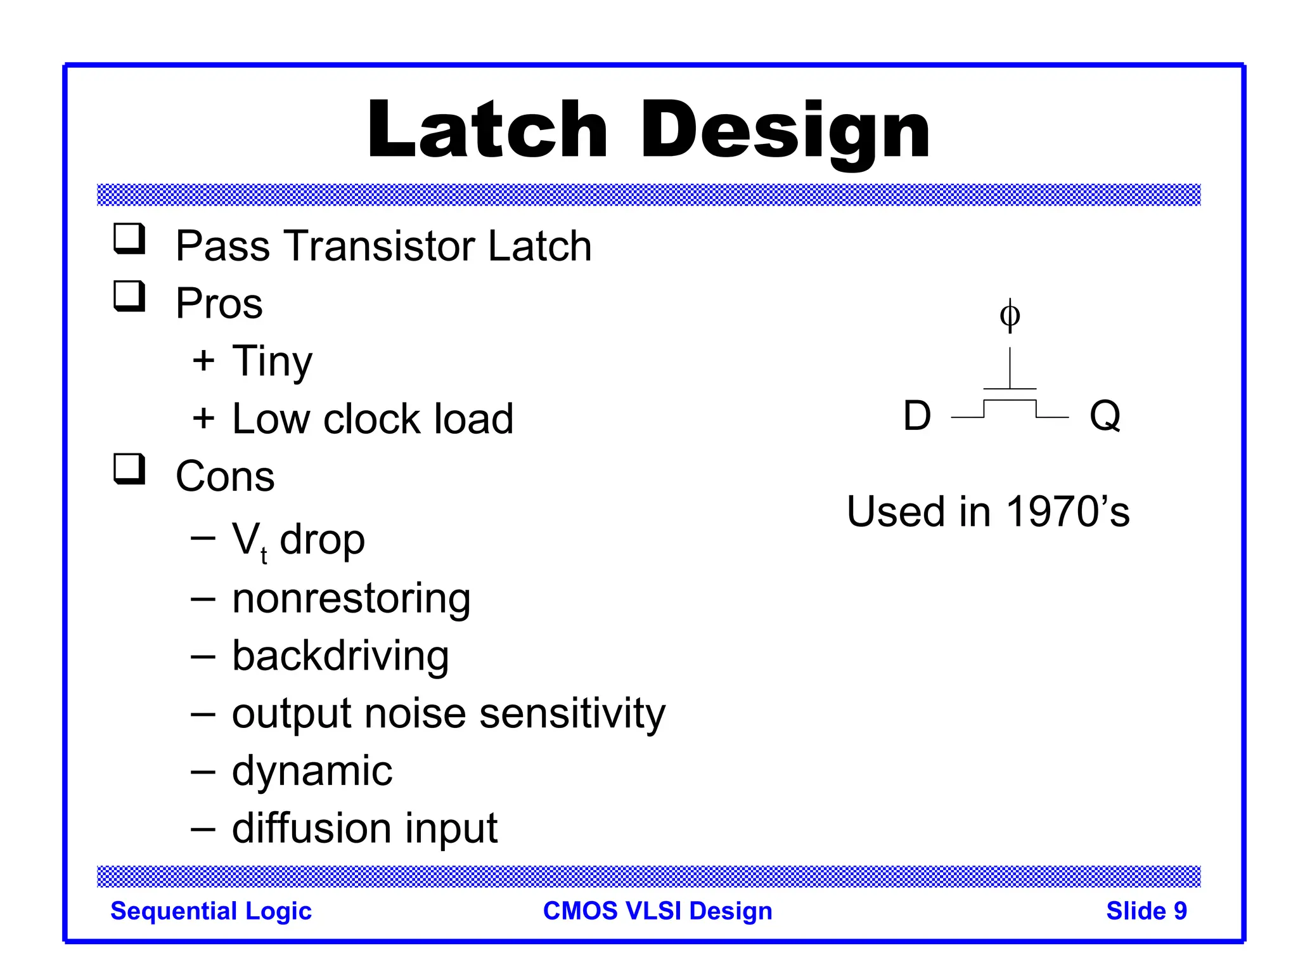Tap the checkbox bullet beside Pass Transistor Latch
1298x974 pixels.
tap(129, 239)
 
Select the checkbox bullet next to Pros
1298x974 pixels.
tap(129, 296)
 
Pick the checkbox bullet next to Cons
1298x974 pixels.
tap(129, 469)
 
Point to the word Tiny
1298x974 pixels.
tap(272, 361)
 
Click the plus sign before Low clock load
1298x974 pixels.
tap(203, 419)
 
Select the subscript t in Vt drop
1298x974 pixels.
tap(264, 556)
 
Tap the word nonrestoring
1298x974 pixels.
tap(351, 599)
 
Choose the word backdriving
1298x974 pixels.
tap(340, 656)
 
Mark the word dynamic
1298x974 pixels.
tap(312, 772)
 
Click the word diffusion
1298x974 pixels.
tap(311, 828)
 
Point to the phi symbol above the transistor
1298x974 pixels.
tap(1010, 315)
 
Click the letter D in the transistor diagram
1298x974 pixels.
tap(917, 416)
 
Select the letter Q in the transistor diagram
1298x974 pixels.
tap(1105, 416)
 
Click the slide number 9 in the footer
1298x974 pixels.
tap(1180, 911)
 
